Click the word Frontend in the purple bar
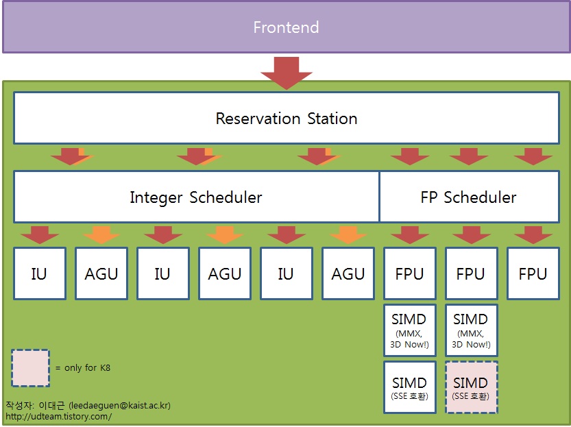pos(287,27)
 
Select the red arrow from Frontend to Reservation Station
pos(287,73)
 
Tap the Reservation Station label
pos(287,119)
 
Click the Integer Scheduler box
pos(196,197)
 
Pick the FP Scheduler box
pos(470,197)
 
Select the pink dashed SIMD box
pos(471,387)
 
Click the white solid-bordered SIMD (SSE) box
pos(410,387)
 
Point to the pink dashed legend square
pos(31,368)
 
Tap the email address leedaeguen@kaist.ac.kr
pos(119,405)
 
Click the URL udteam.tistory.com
pos(59,416)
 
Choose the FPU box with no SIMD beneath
pos(533,273)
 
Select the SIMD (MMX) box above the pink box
pos(471,330)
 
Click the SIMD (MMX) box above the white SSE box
pos(410,330)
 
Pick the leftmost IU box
pos(40,273)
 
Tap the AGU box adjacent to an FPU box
pos(348,273)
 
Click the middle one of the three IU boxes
pos(162,273)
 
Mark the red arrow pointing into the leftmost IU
pos(40,235)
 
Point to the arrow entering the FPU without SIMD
pos(533,235)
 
